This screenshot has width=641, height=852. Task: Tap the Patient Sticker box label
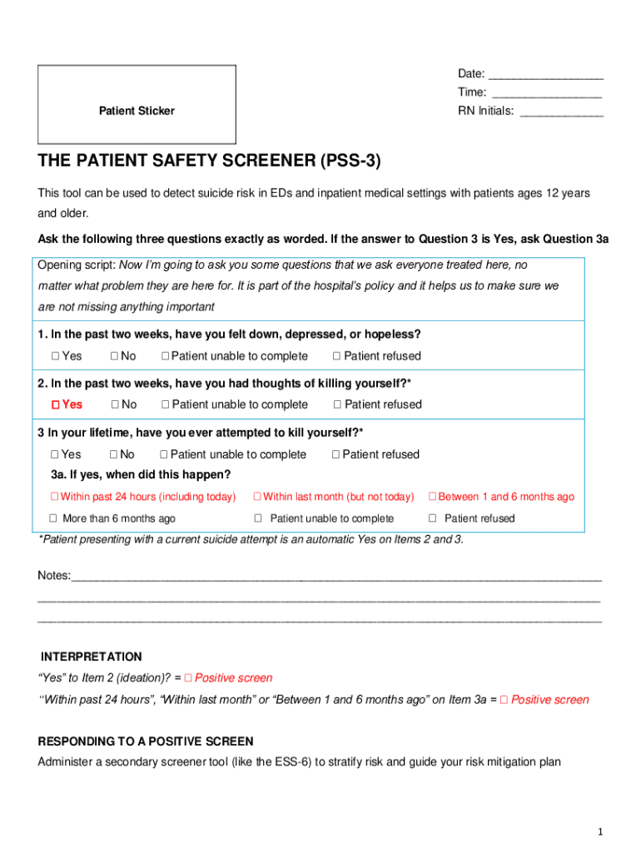[137, 111]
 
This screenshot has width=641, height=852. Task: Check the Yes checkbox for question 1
[54, 356]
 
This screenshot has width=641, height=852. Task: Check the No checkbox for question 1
[114, 356]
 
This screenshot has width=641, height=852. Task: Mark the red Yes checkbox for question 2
[55, 404]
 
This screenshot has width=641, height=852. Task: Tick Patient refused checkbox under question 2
[337, 404]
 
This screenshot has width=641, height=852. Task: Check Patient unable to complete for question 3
[164, 454]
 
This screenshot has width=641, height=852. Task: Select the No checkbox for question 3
[114, 454]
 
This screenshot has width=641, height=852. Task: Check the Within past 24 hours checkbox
[54, 497]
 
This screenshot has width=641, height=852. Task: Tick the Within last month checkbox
[257, 497]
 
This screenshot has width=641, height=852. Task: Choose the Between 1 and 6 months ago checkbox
[432, 497]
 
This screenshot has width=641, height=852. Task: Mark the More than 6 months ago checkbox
[54, 518]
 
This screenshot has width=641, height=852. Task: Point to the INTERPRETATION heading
[92, 656]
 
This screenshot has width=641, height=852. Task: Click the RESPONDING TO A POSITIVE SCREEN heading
[146, 741]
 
